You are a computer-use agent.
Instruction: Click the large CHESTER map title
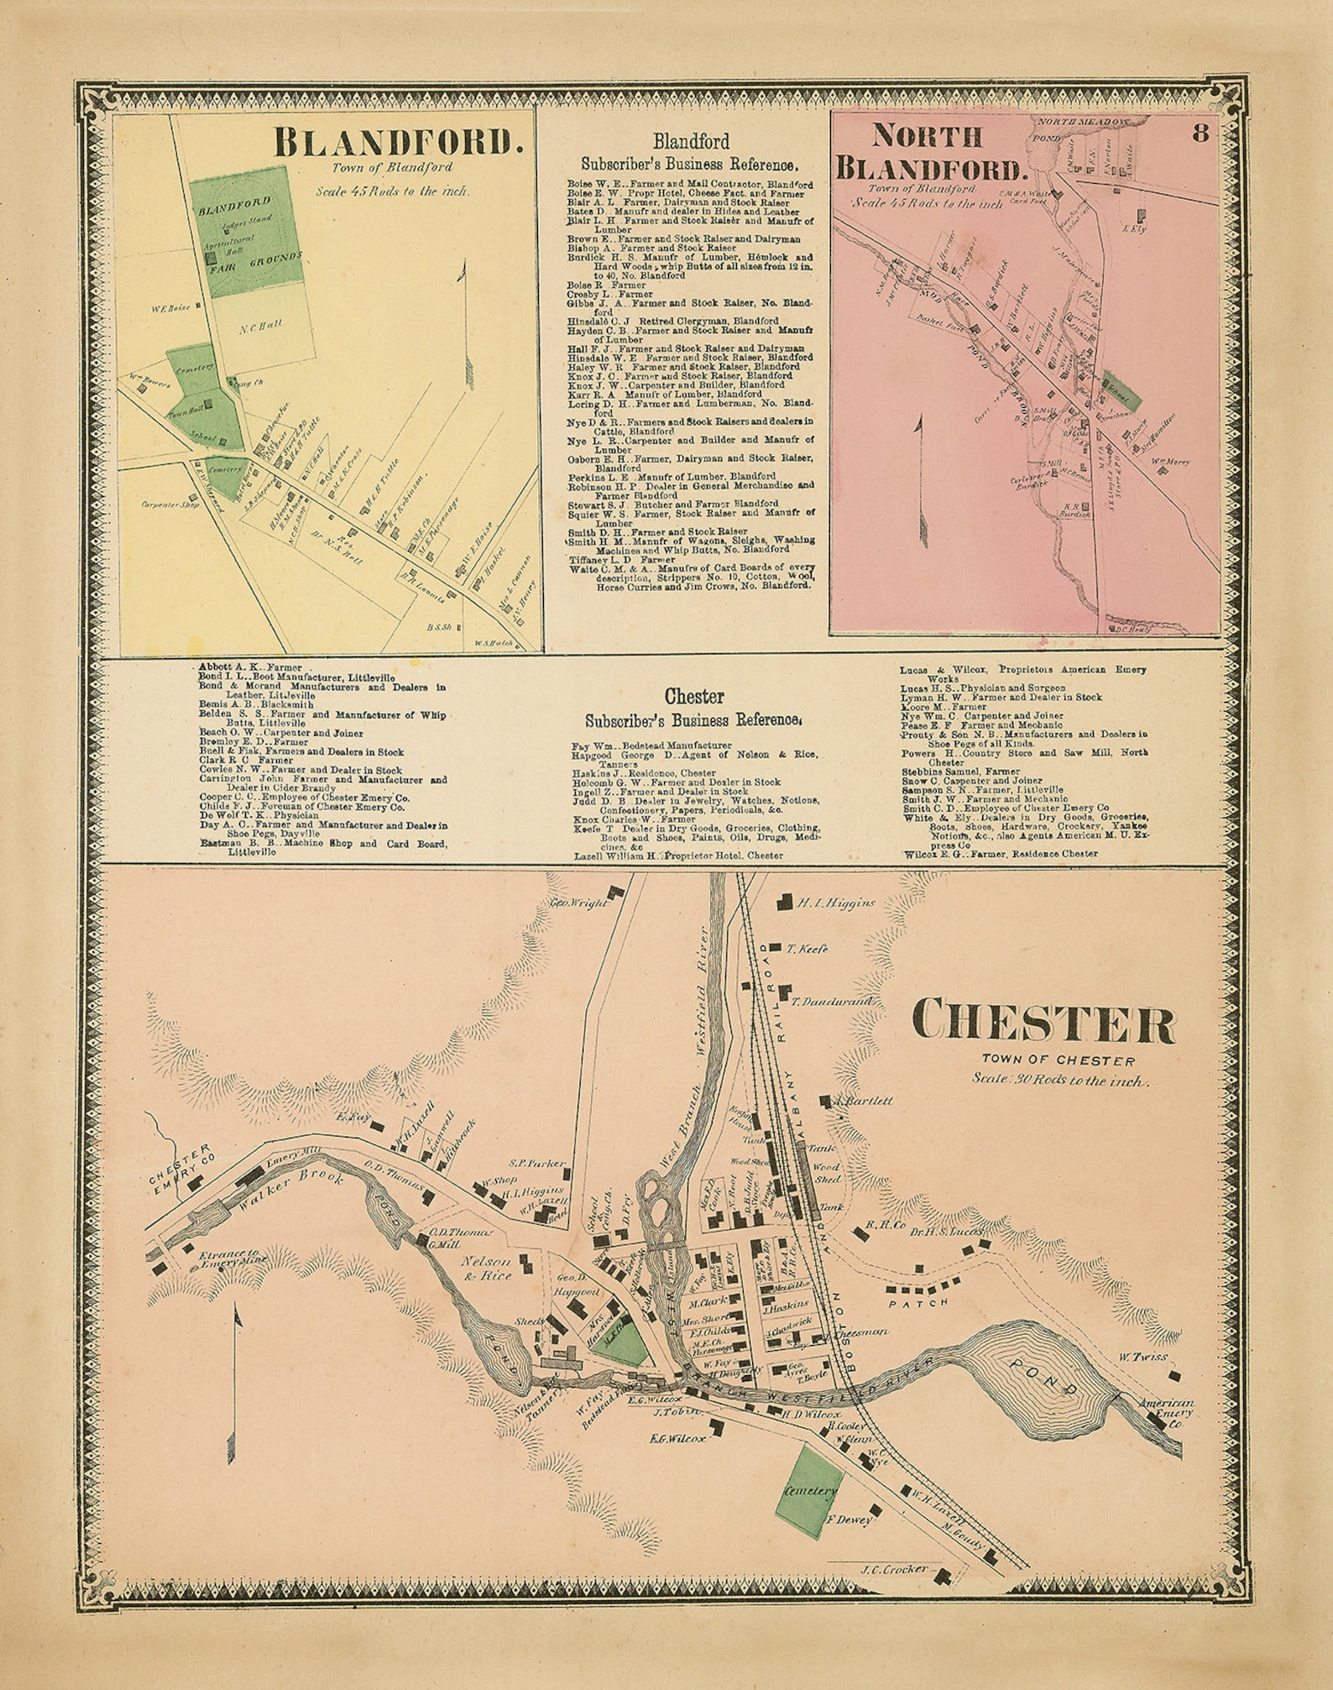[x=1043, y=1023]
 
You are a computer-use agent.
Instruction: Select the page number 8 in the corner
[x=1200, y=133]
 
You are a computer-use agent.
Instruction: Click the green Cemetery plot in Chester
[x=809, y=1492]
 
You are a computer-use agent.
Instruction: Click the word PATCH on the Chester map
[x=918, y=1302]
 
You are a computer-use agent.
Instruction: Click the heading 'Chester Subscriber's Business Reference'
[x=693, y=708]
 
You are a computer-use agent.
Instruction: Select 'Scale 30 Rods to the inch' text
[x=1059, y=1080]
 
